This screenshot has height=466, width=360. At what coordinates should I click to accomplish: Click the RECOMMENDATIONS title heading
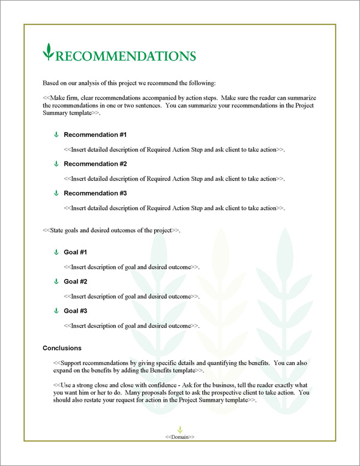125,56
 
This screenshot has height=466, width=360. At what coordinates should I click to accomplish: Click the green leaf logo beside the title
48,52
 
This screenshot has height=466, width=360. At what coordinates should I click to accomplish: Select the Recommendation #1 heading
95,135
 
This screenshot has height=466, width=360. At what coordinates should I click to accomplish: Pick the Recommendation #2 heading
95,164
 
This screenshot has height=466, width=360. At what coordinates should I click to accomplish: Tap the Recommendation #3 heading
95,193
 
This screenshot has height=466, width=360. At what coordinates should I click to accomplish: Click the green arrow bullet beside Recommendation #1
56,135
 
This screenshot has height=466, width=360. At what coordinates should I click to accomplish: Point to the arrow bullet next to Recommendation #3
56,193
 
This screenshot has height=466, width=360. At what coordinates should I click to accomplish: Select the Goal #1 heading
76,252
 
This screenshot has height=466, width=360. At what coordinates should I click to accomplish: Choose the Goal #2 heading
76,282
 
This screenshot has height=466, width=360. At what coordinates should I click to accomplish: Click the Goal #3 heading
76,311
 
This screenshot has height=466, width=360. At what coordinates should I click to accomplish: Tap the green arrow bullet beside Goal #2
56,282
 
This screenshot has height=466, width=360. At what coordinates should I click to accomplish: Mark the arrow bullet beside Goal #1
56,252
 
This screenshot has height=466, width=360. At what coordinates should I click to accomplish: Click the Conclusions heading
62,348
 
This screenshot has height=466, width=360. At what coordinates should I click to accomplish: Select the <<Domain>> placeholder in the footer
180,437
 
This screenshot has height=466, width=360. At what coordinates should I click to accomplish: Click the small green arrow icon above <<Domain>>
180,429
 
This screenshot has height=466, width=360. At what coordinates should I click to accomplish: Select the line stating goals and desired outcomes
112,230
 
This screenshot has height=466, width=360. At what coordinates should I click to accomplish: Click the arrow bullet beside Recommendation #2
56,164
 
